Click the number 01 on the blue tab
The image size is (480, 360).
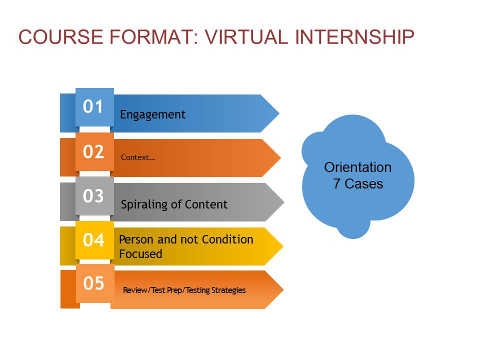point(93,106)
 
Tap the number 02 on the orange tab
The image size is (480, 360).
point(93,151)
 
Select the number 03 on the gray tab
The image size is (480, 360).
point(93,196)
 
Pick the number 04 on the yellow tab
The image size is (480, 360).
point(93,239)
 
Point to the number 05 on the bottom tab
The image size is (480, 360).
point(93,283)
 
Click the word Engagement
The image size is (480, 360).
point(152,115)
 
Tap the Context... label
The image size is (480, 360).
point(138,157)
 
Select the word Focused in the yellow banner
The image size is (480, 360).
point(140,254)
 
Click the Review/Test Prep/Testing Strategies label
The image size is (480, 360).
point(184,290)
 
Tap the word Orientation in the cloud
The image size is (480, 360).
point(358,167)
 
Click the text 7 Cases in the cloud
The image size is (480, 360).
point(358,183)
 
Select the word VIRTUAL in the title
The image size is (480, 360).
point(246,37)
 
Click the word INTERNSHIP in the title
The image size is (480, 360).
point(355,37)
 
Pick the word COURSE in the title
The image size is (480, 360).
point(60,37)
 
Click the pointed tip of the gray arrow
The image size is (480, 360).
point(284,202)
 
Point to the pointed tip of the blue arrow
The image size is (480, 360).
point(279,113)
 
